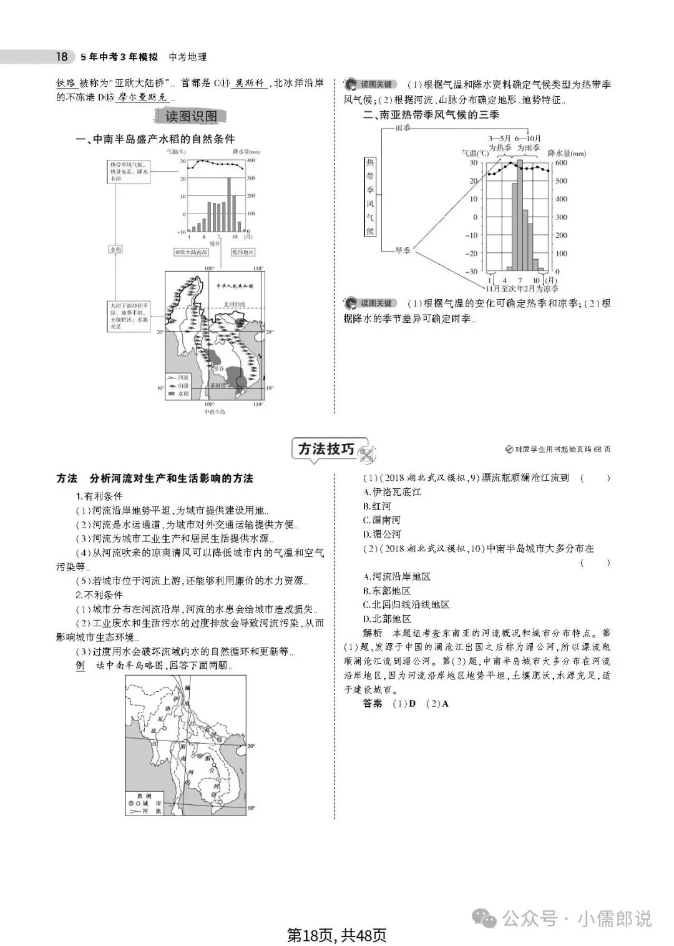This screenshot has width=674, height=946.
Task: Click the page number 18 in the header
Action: (61, 57)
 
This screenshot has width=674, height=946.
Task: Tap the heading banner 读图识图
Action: (191, 117)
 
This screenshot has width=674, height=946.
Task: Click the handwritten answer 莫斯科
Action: (249, 84)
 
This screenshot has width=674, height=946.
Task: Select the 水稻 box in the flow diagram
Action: (115, 249)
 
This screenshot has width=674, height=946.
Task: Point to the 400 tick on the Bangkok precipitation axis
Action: (251, 161)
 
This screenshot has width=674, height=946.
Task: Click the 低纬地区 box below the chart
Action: (243, 252)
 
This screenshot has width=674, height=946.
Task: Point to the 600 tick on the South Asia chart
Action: (562, 162)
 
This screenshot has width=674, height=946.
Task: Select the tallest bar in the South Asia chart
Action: (520, 215)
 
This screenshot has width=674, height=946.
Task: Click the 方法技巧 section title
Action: (326, 449)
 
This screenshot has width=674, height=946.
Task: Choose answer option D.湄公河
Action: (382, 534)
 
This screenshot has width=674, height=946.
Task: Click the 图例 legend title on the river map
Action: (144, 796)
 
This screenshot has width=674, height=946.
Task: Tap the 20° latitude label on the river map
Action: (251, 746)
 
